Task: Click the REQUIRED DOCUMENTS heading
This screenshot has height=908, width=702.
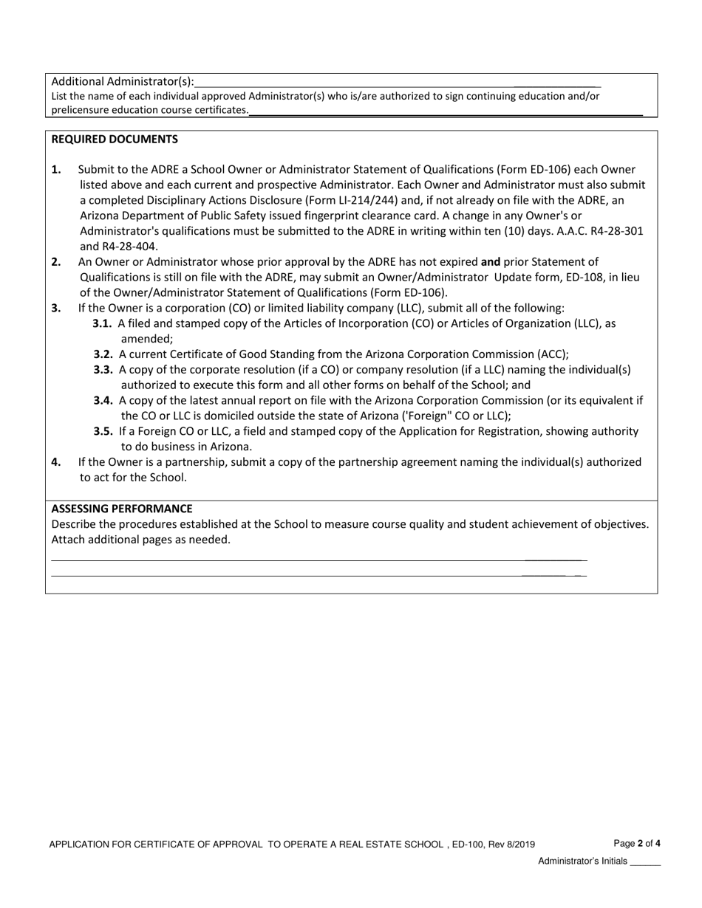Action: pyautogui.click(x=115, y=139)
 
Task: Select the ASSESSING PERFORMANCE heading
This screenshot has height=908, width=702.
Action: pyautogui.click(x=122, y=509)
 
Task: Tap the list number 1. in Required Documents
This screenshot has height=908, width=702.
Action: pyautogui.click(x=57, y=170)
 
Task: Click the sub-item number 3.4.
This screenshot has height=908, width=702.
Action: pyautogui.click(x=103, y=400)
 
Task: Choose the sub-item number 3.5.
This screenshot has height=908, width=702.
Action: pyautogui.click(x=103, y=431)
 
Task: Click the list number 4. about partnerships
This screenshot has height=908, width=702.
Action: pyautogui.click(x=56, y=462)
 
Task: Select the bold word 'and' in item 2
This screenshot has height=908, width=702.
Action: pyautogui.click(x=491, y=261)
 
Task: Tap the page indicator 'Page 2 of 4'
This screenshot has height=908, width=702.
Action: pyautogui.click(x=637, y=843)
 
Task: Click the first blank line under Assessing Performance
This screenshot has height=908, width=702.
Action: pyautogui.click(x=318, y=560)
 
